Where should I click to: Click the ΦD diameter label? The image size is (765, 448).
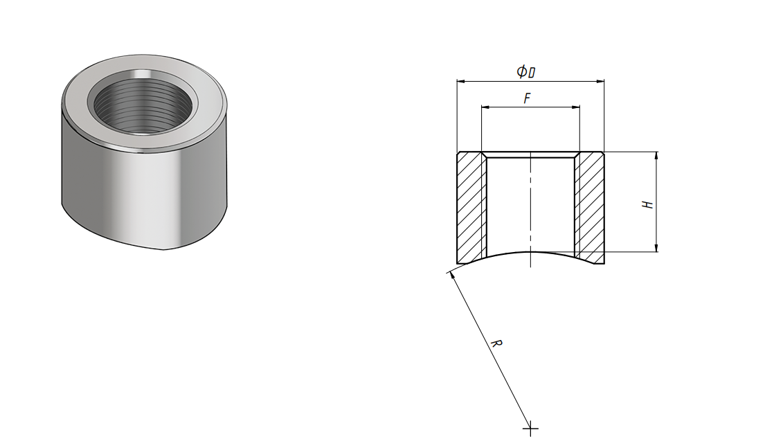pyautogui.click(x=526, y=72)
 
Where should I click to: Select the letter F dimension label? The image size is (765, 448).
pyautogui.click(x=527, y=98)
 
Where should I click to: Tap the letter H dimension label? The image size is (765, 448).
pyautogui.click(x=647, y=204)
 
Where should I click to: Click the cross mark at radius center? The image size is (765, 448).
pyautogui.click(x=530, y=430)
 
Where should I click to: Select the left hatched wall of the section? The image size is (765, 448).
pyautogui.click(x=471, y=208)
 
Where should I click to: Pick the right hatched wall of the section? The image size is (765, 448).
pyautogui.click(x=590, y=208)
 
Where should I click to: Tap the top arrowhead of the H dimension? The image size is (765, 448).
pyautogui.click(x=656, y=156)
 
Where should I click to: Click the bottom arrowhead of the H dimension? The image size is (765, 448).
pyautogui.click(x=656, y=247)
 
